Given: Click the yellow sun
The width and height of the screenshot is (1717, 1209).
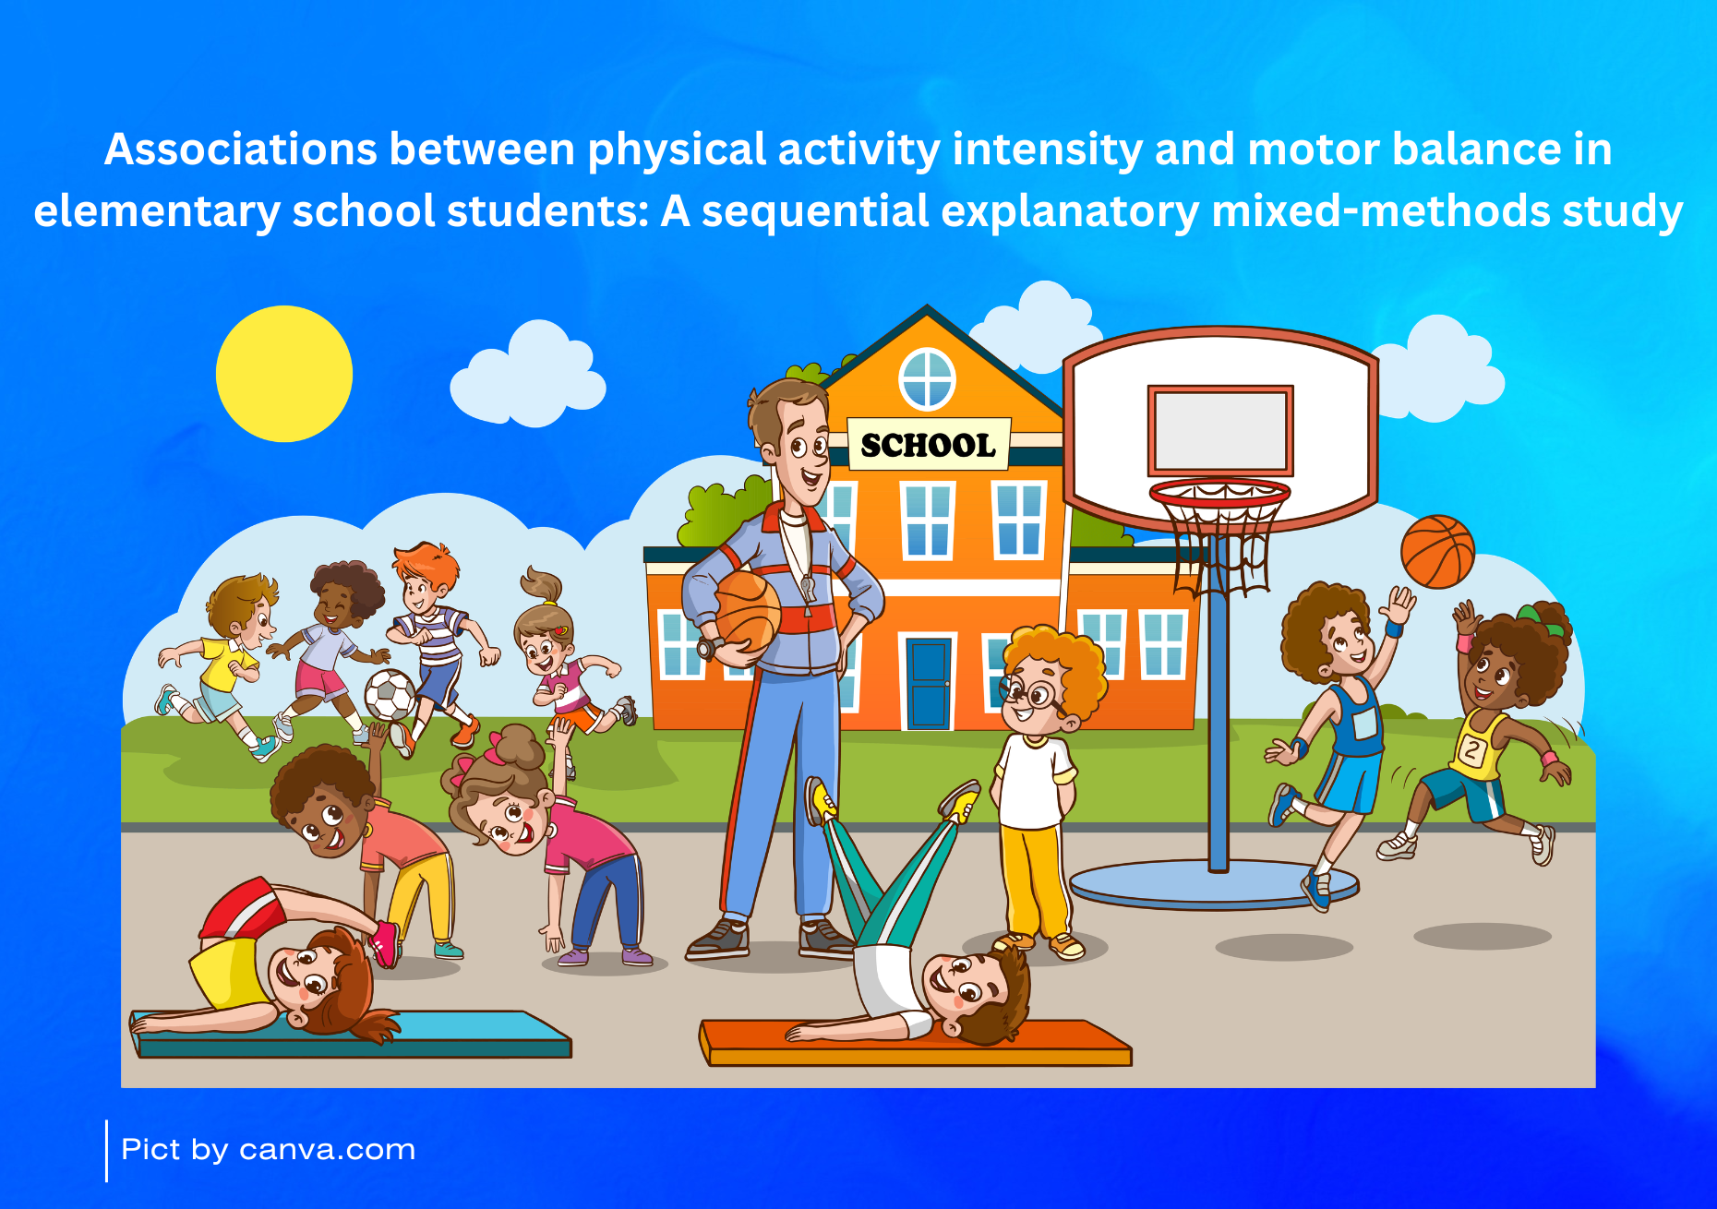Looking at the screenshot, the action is pos(284,374).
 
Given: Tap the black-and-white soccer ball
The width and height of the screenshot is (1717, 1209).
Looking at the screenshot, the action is pos(390,694).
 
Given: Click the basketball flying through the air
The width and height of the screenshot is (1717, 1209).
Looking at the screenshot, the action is pos(1437,552).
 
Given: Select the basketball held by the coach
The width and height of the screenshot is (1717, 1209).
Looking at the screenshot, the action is pos(747,611).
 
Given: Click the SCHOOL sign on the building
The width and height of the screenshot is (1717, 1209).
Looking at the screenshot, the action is pos(929,445).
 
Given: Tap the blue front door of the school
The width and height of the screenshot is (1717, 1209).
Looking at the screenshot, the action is pos(929,683).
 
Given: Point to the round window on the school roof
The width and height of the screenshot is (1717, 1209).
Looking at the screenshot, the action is pos(927,379).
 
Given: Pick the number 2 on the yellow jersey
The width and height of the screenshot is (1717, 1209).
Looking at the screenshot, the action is pos(1471,750).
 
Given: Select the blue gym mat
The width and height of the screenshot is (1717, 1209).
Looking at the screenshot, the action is pos(351,1035).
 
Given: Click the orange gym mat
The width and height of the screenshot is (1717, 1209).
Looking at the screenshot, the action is pos(915,1043).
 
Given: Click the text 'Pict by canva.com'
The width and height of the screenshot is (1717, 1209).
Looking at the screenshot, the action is pos(269,1150).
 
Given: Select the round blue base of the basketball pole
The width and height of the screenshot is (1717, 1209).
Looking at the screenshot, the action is pos(1215,884).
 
